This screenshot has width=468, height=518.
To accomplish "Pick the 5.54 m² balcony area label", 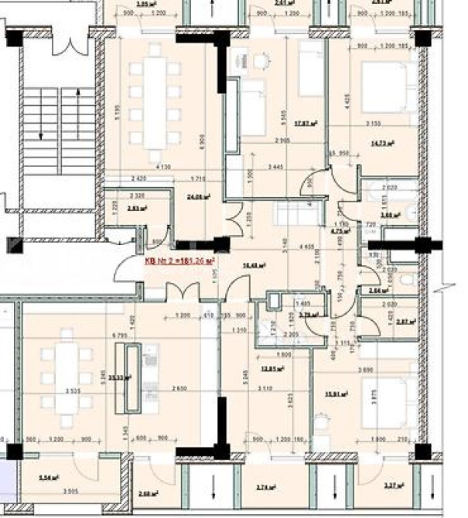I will (49, 479).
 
